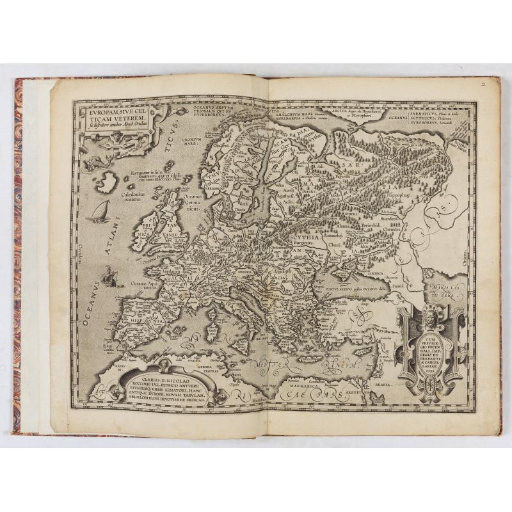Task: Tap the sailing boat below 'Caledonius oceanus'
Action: click(x=99, y=212)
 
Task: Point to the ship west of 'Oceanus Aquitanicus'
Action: click(x=109, y=277)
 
